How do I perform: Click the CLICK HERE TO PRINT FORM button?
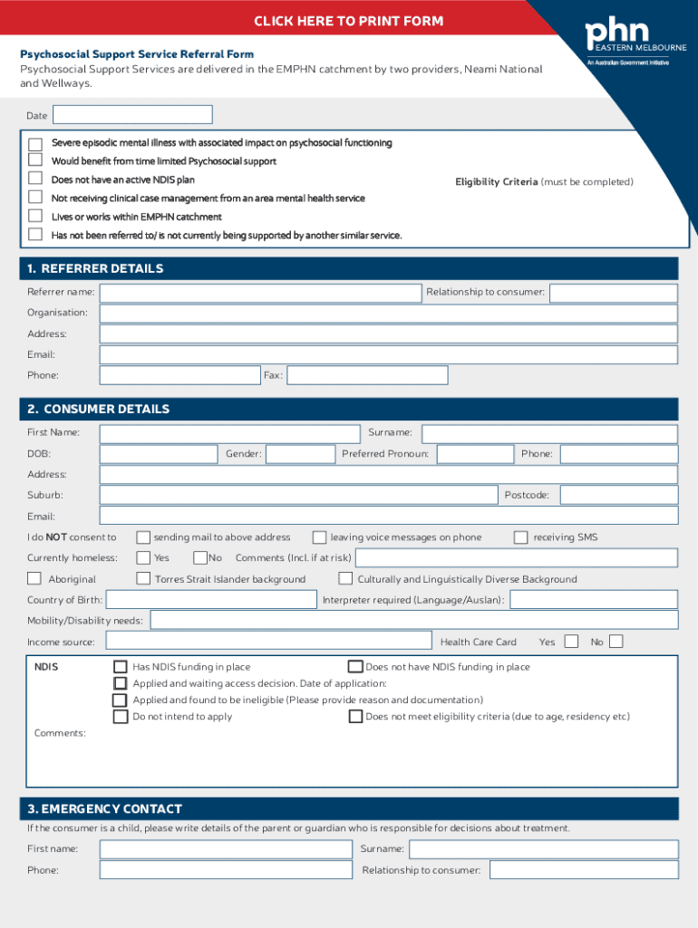pyautogui.click(x=349, y=21)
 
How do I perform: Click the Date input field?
pyautogui.click(x=132, y=115)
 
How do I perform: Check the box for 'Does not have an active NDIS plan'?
pyautogui.click(x=35, y=179)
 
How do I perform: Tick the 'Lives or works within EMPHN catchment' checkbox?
pyautogui.click(x=35, y=217)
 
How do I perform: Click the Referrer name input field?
pyautogui.click(x=261, y=293)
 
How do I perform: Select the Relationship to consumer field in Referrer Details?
pyautogui.click(x=613, y=293)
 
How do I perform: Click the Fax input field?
pyautogui.click(x=367, y=375)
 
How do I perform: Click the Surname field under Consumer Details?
pyautogui.click(x=549, y=433)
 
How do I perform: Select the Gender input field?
pyautogui.click(x=301, y=454)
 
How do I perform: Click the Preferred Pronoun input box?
pyautogui.click(x=475, y=454)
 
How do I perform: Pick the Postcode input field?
pyautogui.click(x=618, y=496)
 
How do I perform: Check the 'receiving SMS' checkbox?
pyautogui.click(x=520, y=537)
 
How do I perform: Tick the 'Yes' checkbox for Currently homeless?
pyautogui.click(x=143, y=558)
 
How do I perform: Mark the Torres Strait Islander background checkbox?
pyautogui.click(x=143, y=579)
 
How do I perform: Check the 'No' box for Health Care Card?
pyautogui.click(x=616, y=642)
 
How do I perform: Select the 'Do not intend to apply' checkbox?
pyautogui.click(x=121, y=717)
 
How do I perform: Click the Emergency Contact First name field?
pyautogui.click(x=226, y=849)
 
